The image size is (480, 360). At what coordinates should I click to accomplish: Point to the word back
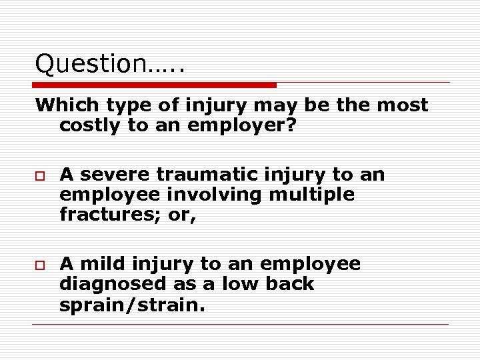288,284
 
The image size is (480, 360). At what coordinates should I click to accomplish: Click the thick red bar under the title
155,85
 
